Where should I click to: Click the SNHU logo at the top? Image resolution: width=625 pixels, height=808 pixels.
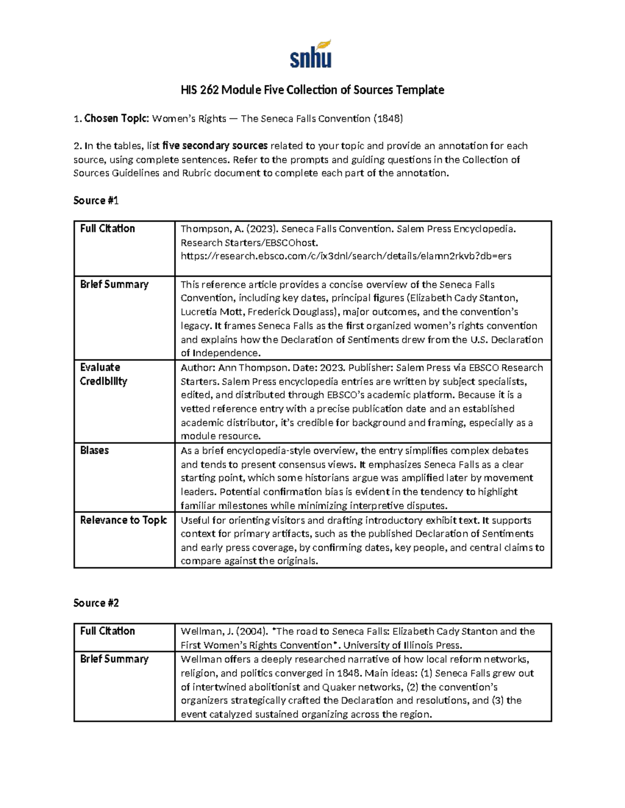311,54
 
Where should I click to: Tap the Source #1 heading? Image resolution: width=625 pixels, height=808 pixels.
96,200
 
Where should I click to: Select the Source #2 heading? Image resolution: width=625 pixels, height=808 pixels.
96,603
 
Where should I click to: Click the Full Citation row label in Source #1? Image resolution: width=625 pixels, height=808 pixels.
107,228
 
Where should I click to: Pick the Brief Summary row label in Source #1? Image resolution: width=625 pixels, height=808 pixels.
114,284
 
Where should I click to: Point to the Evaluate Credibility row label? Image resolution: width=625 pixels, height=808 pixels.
103,374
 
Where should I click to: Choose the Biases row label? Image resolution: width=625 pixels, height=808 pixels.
94,450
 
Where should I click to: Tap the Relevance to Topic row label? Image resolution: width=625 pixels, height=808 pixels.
123,520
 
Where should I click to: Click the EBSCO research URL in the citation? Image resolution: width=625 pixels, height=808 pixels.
346,256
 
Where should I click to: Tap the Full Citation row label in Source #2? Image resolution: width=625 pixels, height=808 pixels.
107,631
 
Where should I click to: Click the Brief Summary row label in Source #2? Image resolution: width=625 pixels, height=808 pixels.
114,659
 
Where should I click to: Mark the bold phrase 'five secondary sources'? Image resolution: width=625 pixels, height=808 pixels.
215,146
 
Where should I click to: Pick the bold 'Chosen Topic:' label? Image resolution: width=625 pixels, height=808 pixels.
117,119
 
